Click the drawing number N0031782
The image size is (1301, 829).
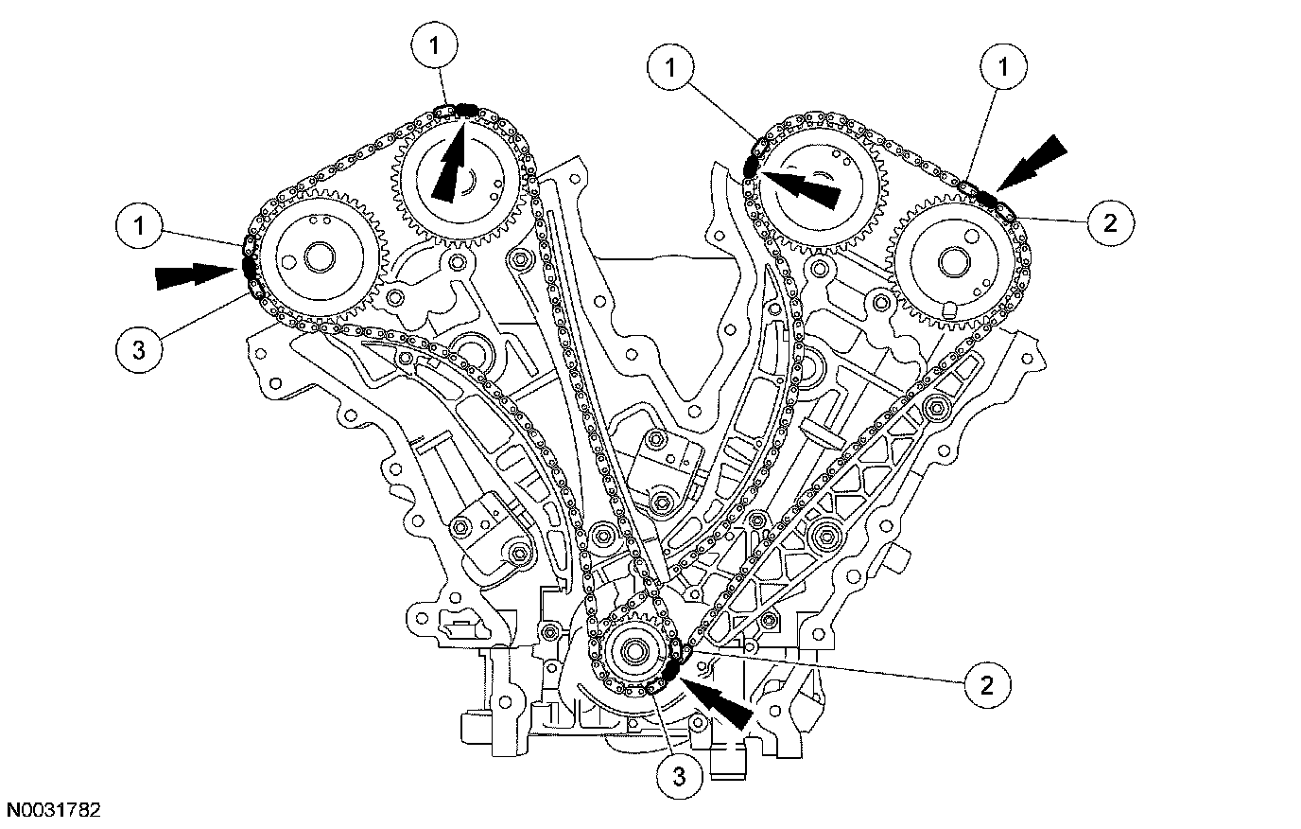[x=54, y=811]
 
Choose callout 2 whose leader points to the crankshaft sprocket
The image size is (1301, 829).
[x=986, y=683]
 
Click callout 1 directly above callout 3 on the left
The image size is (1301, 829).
[x=137, y=226]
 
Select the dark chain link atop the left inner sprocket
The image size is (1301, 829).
[x=465, y=110]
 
